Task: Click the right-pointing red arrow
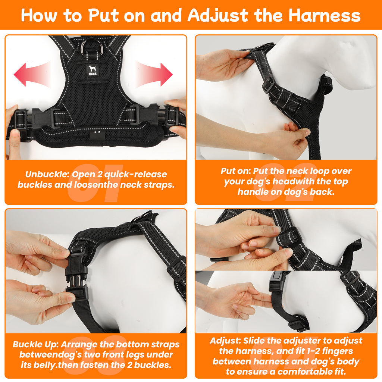155,74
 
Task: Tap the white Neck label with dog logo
92,70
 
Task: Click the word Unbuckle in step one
47,175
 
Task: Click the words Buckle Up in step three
34,344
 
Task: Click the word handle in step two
257,192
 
